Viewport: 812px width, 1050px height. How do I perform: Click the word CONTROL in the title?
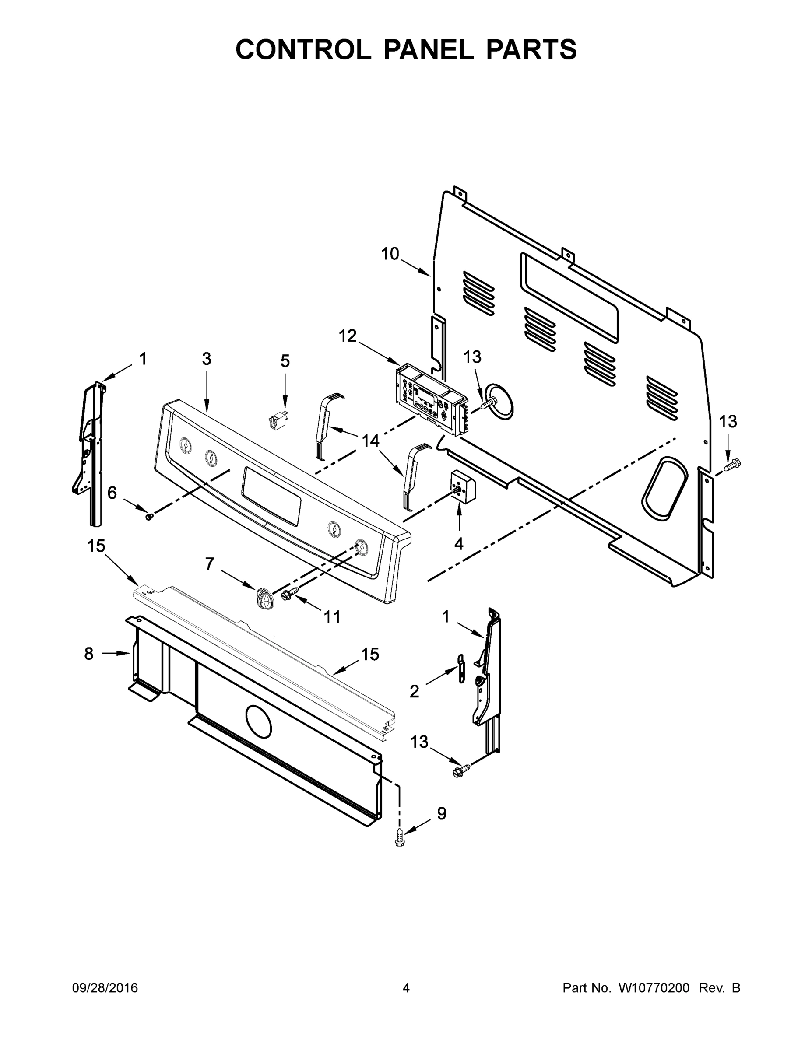(303, 49)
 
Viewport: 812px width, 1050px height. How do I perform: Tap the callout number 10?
(390, 254)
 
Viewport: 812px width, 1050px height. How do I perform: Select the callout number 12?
(347, 336)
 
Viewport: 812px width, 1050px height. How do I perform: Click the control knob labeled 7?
(264, 599)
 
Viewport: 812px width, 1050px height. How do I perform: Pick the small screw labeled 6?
(149, 517)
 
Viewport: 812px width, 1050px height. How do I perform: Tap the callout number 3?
(206, 359)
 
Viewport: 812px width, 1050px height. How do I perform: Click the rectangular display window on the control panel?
(272, 497)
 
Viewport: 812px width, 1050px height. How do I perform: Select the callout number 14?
(370, 441)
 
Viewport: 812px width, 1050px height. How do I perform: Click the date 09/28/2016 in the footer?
(105, 988)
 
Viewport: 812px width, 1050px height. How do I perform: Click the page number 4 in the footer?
(406, 988)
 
